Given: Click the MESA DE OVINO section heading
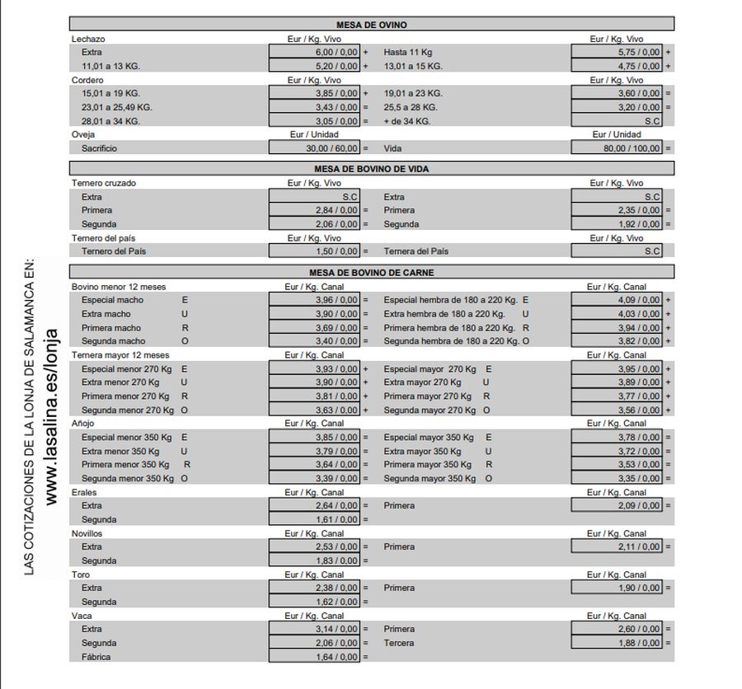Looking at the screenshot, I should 371,25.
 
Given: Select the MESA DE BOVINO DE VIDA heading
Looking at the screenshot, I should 371,169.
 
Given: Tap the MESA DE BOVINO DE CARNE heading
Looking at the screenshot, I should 371,272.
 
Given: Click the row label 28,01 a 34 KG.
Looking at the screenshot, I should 110,121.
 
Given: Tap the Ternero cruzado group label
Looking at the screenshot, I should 104,183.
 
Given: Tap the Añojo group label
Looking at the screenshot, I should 83,424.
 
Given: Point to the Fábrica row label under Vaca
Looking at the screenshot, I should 96,657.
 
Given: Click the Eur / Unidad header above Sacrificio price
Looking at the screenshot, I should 313,134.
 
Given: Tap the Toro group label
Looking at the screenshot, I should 81,574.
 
